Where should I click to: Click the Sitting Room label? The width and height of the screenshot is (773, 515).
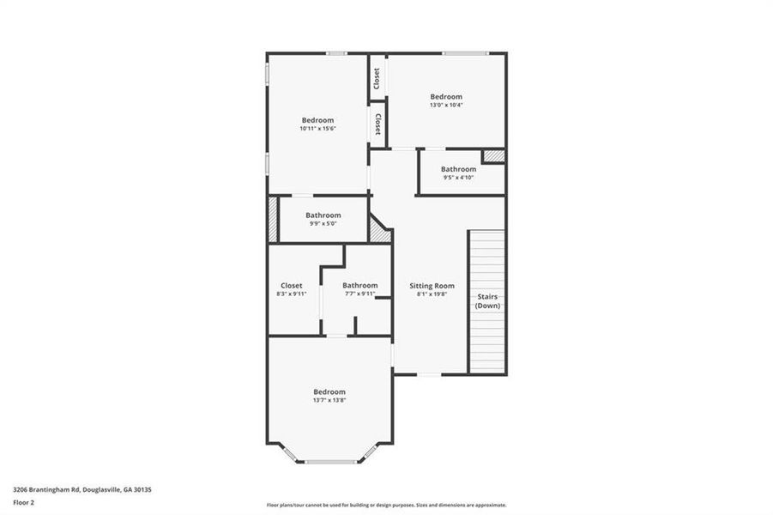tap(432, 286)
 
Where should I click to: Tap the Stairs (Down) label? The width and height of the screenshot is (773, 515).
tap(488, 300)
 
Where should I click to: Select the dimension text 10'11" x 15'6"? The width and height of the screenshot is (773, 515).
tap(317, 129)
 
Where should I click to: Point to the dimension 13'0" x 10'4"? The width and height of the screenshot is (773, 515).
tap(446, 106)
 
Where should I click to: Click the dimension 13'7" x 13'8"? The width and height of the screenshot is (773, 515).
tap(329, 400)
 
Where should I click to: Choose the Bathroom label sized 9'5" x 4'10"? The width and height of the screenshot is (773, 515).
tap(458, 169)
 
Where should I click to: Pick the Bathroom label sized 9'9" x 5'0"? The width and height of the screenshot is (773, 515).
tap(323, 215)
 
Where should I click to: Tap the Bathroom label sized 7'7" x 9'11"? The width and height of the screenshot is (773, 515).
tap(359, 286)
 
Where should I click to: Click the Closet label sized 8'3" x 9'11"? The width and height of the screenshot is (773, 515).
tap(291, 286)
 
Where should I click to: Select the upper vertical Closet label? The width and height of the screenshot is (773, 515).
tap(377, 78)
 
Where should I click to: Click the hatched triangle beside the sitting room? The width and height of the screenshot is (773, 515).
tap(377, 229)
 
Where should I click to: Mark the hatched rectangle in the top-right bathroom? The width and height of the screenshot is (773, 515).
tap(492, 155)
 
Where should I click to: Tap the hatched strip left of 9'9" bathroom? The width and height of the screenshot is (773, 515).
tap(273, 220)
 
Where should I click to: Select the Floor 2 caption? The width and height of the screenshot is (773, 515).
tap(23, 503)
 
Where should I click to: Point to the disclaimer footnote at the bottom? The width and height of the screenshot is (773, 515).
tap(386, 505)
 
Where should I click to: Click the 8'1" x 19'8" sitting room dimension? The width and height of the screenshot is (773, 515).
tap(432, 294)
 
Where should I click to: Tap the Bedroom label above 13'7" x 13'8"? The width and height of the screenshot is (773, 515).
tap(329, 391)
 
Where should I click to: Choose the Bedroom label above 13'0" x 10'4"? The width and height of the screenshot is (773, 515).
tap(446, 97)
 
